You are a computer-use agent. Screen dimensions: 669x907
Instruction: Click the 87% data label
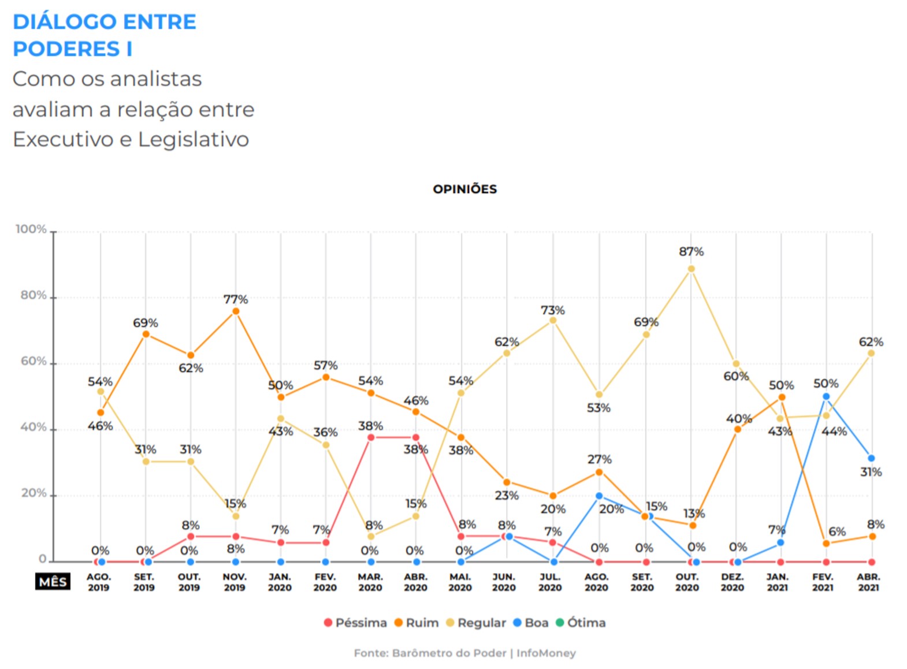click(691, 251)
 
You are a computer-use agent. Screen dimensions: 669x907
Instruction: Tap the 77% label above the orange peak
click(236, 299)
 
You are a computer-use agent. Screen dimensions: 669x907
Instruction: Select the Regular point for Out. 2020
click(691, 269)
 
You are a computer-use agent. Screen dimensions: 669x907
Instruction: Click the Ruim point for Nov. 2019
click(236, 311)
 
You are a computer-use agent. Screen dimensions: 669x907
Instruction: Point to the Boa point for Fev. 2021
click(826, 396)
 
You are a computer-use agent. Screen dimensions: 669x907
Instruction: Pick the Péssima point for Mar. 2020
click(371, 437)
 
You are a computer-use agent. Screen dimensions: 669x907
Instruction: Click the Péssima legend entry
click(355, 623)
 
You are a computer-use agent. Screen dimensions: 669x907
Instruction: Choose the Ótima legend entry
click(581, 623)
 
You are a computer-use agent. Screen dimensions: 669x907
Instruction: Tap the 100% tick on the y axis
click(31, 229)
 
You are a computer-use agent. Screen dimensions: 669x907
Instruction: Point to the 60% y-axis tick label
click(33, 361)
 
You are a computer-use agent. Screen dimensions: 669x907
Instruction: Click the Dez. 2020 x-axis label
click(732, 582)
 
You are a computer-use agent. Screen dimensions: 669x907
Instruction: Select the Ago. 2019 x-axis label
click(98, 582)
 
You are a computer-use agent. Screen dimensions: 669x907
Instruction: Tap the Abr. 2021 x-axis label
click(868, 582)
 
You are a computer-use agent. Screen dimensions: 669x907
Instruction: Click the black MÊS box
click(53, 582)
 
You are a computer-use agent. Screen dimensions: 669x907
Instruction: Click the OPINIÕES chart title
click(464, 189)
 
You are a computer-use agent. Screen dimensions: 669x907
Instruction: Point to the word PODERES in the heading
click(66, 49)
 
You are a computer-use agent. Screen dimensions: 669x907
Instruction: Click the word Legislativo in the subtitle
click(194, 139)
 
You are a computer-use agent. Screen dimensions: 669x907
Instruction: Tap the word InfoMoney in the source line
click(546, 653)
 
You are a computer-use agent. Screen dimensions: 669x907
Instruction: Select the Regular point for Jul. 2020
click(553, 320)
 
